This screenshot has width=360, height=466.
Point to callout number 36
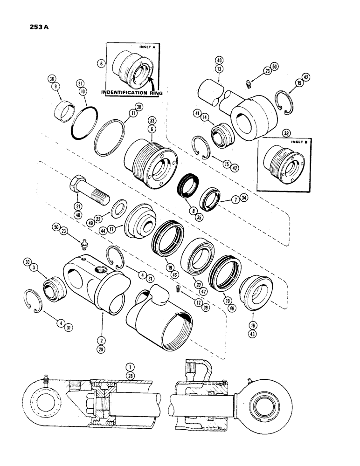pos(51,79)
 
